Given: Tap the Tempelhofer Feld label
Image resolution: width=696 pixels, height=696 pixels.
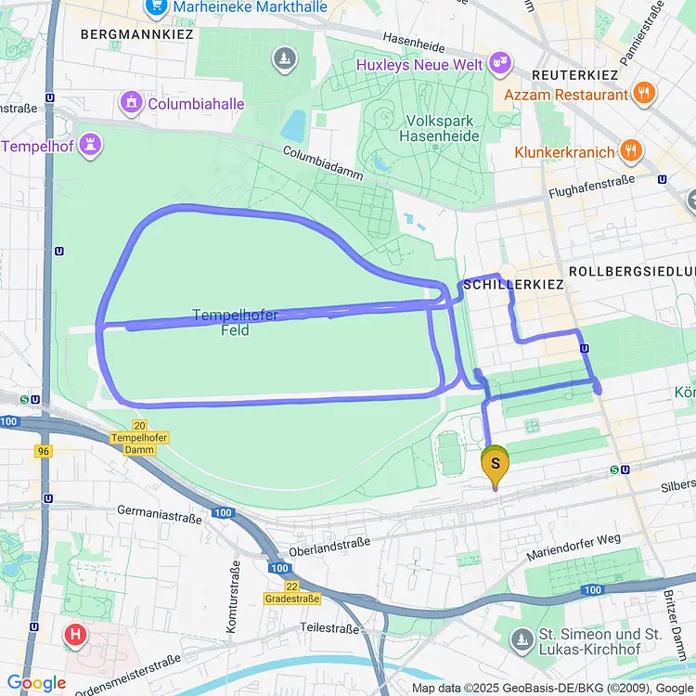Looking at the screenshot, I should [x=235, y=322].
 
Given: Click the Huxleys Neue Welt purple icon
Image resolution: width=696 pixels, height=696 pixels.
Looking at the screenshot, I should [x=502, y=63].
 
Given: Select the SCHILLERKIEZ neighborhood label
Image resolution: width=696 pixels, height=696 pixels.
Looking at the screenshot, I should [x=512, y=284].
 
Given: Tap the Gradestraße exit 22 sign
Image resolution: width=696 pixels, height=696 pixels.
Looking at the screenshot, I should [x=291, y=592].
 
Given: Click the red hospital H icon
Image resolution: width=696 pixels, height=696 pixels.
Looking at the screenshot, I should [x=75, y=636].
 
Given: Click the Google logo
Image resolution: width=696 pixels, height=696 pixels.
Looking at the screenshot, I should [x=36, y=683].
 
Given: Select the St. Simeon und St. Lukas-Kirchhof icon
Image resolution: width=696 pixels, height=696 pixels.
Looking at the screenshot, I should [x=521, y=638].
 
